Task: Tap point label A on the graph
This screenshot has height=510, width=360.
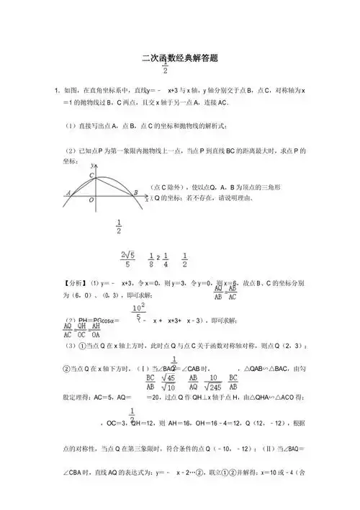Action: tap(67, 192)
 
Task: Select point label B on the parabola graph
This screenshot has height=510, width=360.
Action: tap(135, 192)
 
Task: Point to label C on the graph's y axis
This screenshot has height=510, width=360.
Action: tap(91, 174)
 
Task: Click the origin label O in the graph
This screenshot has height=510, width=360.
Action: tap(91, 201)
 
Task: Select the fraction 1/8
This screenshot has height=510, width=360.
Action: tap(151, 259)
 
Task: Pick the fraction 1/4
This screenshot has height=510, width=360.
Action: tap(165, 259)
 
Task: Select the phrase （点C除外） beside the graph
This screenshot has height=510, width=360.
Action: tap(168, 187)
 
